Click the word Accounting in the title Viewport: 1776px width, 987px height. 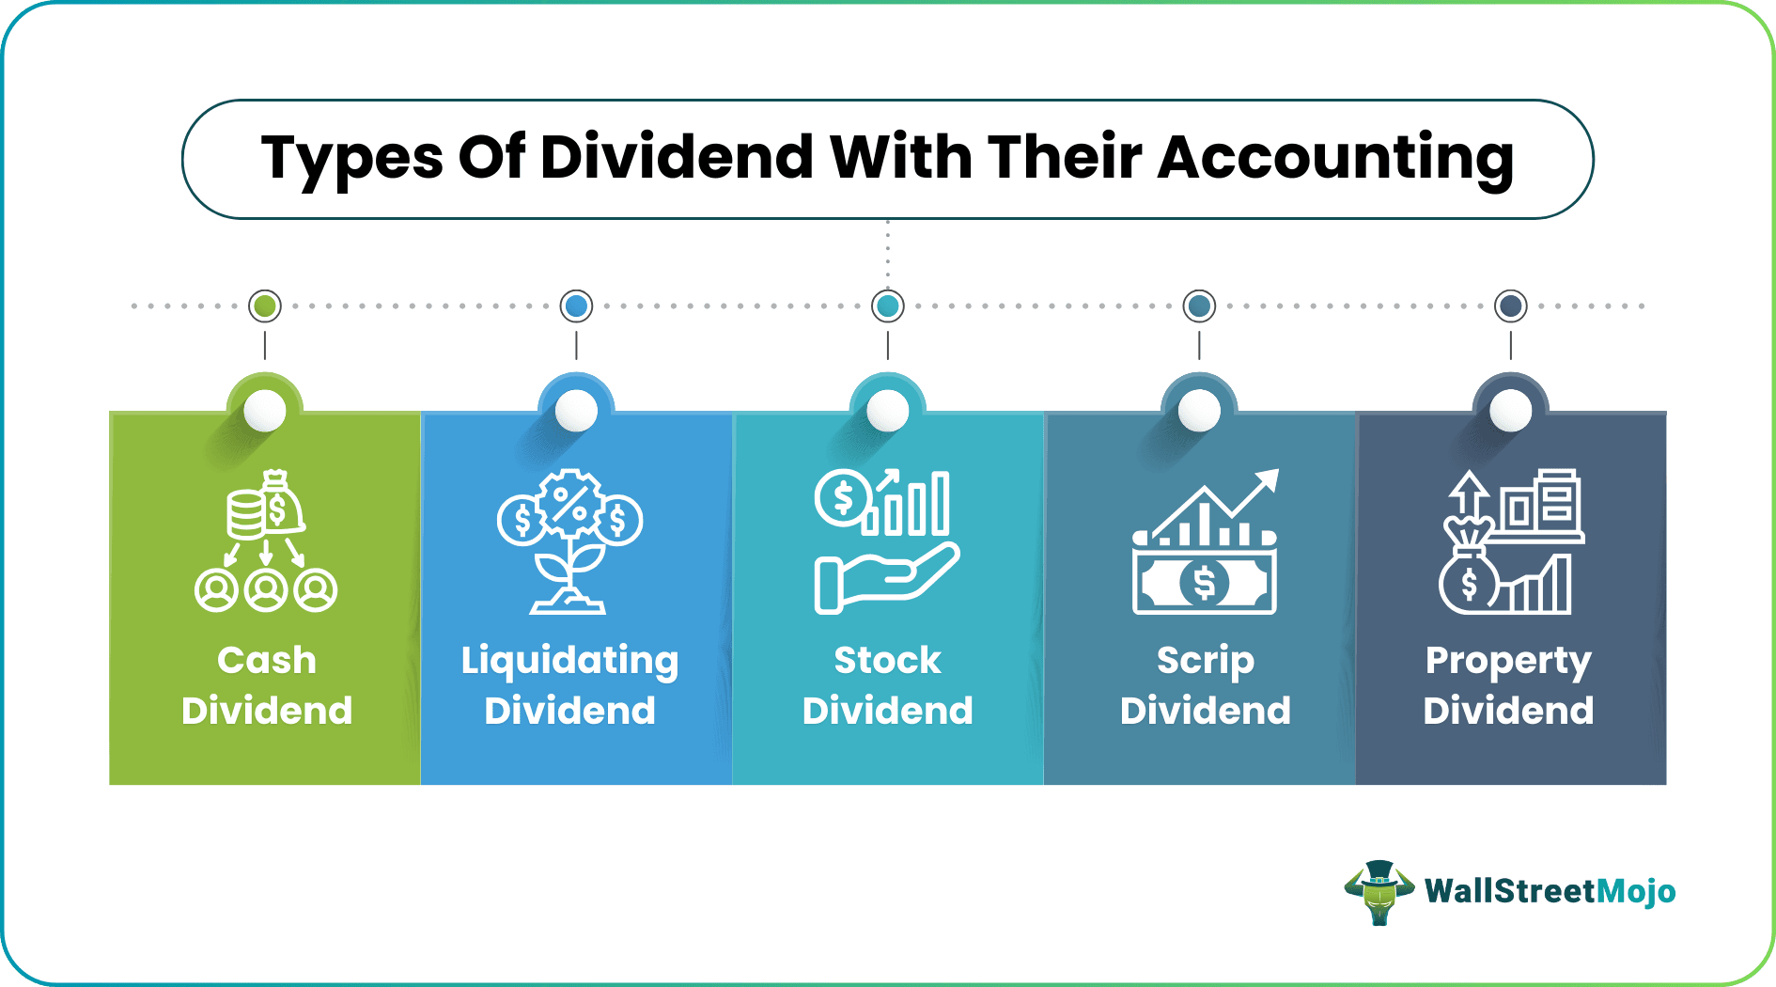1334,158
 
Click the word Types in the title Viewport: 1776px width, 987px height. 351,158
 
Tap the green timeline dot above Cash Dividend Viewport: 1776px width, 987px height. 265,305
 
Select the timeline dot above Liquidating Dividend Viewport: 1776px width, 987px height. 576,305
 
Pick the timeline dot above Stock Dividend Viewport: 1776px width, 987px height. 888,305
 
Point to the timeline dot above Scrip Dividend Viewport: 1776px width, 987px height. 1199,305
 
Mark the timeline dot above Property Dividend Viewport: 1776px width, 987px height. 1511,305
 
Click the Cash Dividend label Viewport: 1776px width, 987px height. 267,685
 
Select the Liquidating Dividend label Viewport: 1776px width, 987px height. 570,685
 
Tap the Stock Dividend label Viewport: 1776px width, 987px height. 888,685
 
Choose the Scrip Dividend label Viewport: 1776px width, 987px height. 1206,685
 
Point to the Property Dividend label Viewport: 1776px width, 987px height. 1508,685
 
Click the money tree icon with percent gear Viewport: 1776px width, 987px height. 569,540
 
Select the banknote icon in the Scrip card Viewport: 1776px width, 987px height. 1204,582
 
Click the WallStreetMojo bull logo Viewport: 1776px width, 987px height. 1379,891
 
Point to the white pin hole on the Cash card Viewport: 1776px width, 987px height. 265,411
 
